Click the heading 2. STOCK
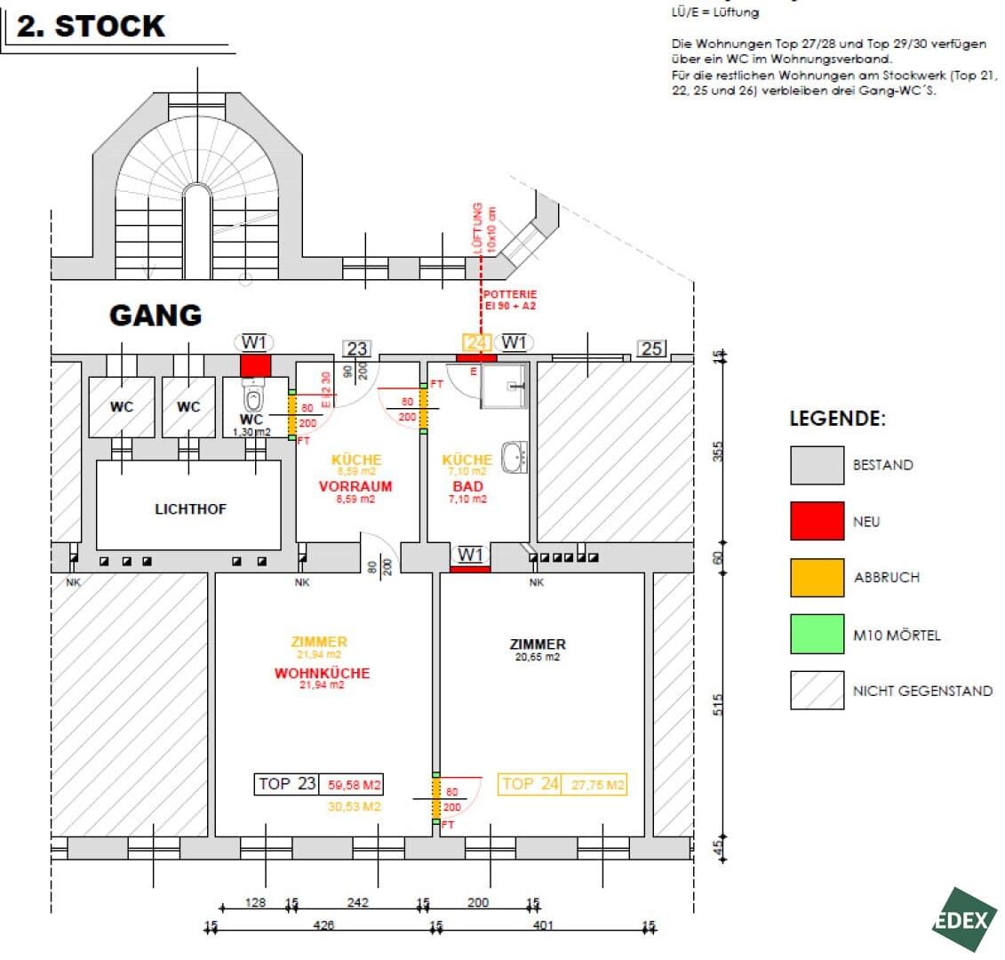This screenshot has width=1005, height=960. (x=91, y=26)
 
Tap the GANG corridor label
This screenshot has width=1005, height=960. (x=156, y=315)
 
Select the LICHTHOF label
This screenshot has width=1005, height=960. (x=191, y=509)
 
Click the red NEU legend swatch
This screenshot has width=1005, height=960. (x=817, y=521)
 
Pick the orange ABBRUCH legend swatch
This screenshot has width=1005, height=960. (x=817, y=577)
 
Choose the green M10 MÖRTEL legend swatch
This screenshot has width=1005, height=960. (x=817, y=635)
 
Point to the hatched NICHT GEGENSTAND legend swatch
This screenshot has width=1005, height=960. (x=817, y=690)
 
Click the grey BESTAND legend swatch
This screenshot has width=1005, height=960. (x=817, y=465)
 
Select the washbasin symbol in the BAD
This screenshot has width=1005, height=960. (x=514, y=457)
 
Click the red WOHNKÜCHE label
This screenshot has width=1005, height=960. (x=322, y=673)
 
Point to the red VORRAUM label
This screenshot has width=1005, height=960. (x=355, y=487)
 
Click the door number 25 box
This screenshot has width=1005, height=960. (x=651, y=348)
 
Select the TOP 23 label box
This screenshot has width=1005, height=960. (x=286, y=784)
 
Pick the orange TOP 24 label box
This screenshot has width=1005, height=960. (x=530, y=784)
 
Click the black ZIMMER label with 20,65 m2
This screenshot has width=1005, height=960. (x=538, y=644)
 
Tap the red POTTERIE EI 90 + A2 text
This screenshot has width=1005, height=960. (x=510, y=300)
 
